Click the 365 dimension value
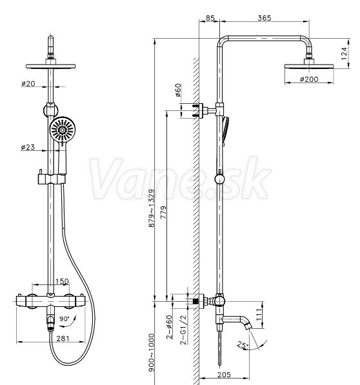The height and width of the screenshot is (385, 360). click(265, 18)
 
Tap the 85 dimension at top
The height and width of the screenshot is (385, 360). click(210, 18)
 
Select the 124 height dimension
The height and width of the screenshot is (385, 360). click(345, 54)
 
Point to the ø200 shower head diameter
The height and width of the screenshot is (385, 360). click(309, 79)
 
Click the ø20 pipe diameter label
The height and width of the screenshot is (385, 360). click(28, 83)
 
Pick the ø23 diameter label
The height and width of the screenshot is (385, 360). click(28, 147)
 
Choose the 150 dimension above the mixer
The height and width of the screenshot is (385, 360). click(62, 281)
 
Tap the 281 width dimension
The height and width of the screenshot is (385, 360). click(63, 339)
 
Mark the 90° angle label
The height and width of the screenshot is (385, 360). click(65, 319)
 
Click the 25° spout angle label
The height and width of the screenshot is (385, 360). click(243, 345)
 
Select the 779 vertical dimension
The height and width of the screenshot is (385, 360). click(163, 212)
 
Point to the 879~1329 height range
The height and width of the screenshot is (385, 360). click(152, 208)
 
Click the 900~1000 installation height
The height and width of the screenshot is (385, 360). click(152, 353)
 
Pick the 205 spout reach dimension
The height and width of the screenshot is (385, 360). click(224, 375)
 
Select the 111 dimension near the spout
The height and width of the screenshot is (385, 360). click(259, 315)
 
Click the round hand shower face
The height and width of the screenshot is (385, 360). click(63, 130)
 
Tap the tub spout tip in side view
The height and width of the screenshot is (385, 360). click(249, 326)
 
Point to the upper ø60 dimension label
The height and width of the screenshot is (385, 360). click(178, 90)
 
